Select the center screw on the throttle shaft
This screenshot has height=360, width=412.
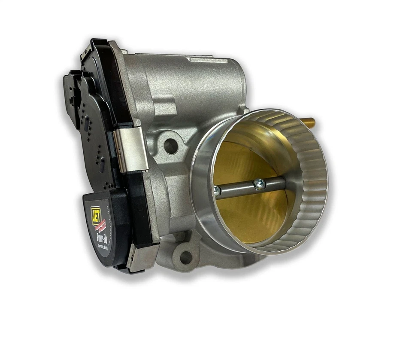coord(259,184)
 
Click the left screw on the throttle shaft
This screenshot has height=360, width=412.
coord(217,191)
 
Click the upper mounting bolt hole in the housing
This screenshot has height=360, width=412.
coord(171,146)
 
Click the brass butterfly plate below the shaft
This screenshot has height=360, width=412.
coord(253,215)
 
